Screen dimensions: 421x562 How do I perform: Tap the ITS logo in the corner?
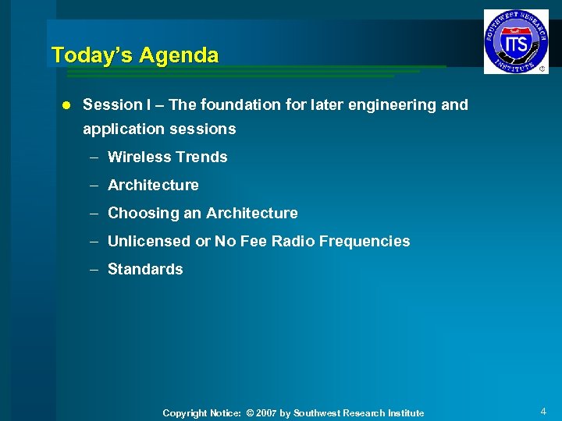tap(515, 41)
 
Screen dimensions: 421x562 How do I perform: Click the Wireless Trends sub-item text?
tap(167, 157)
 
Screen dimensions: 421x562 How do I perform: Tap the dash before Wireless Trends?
tap(93, 157)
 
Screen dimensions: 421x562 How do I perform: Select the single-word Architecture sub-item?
tap(153, 185)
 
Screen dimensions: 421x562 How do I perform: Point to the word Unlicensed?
tap(148, 241)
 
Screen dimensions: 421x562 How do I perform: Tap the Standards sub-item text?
tap(145, 269)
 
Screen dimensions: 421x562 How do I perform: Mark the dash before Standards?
tap(93, 269)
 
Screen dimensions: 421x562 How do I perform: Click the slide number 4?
tap(542, 411)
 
